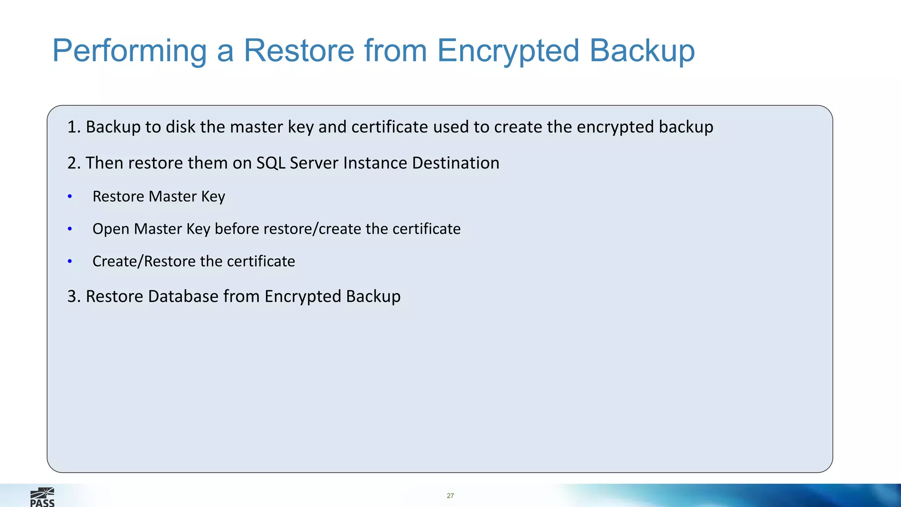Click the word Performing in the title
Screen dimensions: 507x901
pos(129,51)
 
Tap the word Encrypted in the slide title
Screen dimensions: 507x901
pos(508,51)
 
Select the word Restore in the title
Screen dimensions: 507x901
pos(299,51)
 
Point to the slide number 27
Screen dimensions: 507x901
pos(450,496)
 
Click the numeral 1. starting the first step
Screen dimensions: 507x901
pos(74,127)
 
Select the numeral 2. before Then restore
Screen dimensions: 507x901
pos(74,163)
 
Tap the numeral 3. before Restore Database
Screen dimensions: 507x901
pos(74,297)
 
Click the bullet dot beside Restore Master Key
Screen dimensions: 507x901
pos(70,197)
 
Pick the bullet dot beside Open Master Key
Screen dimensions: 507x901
pos(70,229)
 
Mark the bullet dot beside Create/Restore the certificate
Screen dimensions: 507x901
pos(70,261)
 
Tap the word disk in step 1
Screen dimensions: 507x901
pos(180,127)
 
